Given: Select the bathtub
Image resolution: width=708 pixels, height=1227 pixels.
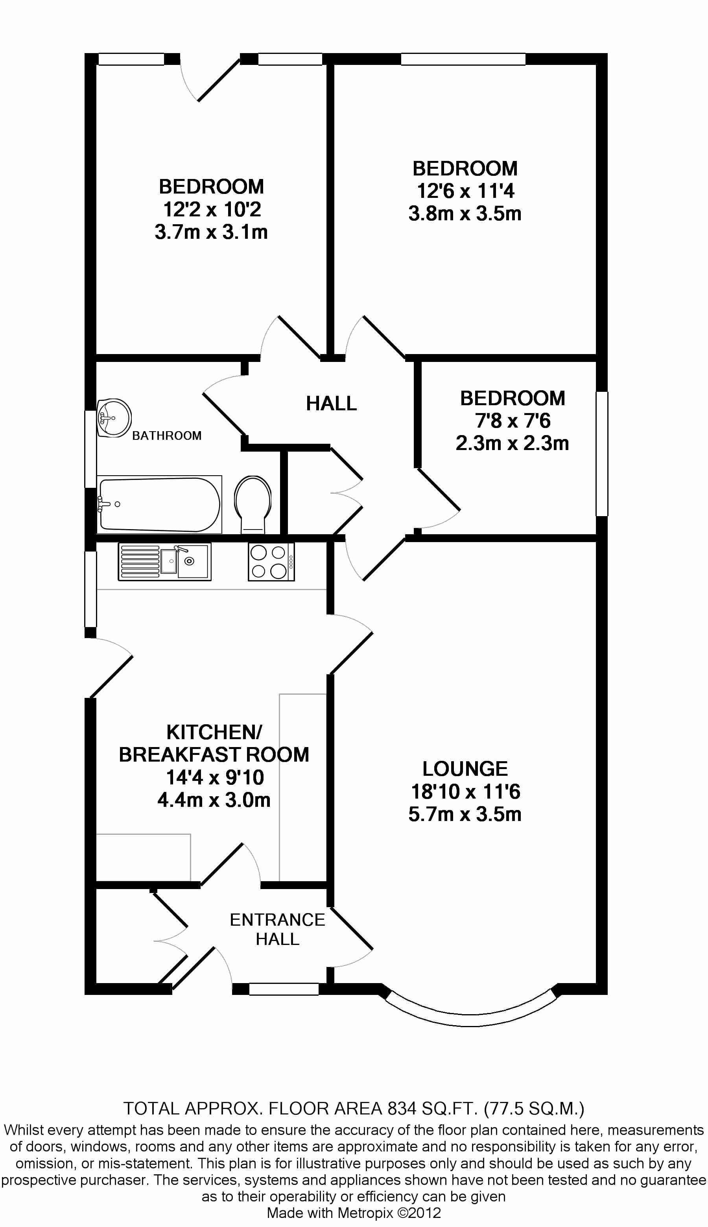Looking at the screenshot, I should pyautogui.click(x=159, y=504).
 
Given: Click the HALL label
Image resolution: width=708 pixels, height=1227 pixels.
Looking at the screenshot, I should pyautogui.click(x=331, y=403).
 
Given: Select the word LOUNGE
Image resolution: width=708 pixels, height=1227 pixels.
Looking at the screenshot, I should pyautogui.click(x=465, y=769).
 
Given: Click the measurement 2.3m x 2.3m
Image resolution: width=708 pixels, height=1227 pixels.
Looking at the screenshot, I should pyautogui.click(x=512, y=443).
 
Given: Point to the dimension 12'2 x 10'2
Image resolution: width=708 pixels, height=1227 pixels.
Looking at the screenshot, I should pyautogui.click(x=212, y=210).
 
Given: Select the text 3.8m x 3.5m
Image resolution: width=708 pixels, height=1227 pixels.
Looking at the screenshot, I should pyautogui.click(x=465, y=214).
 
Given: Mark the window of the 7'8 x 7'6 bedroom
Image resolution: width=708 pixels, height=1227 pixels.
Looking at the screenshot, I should pyautogui.click(x=602, y=453).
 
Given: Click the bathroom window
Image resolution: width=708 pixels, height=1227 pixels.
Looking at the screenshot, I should pyautogui.click(x=90, y=448).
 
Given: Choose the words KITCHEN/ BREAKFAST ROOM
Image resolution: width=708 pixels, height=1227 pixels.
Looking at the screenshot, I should pyautogui.click(x=214, y=743).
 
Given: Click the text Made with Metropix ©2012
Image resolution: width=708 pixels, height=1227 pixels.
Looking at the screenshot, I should pyautogui.click(x=354, y=1212).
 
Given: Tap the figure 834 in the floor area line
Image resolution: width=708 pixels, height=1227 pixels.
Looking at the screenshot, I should pyautogui.click(x=402, y=1108).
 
